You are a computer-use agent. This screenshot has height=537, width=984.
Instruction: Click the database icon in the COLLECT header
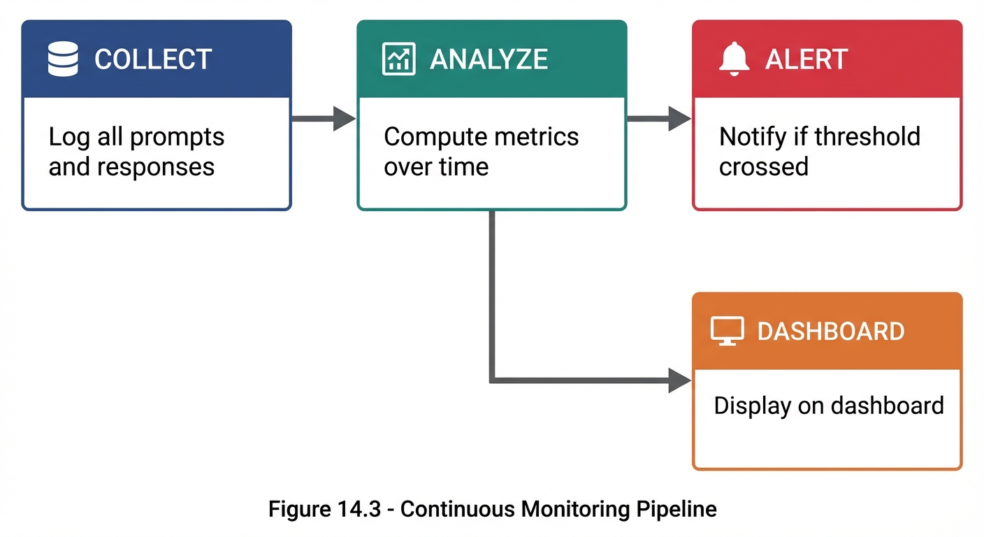tap(63, 59)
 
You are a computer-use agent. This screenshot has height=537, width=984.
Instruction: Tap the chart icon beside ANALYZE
tap(399, 59)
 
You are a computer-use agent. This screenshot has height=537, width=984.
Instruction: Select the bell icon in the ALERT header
tap(734, 58)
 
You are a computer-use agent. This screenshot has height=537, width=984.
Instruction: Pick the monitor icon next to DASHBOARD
tap(727, 331)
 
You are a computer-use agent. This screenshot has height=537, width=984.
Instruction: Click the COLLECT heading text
tap(153, 59)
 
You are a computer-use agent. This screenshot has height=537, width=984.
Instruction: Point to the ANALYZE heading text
tap(489, 59)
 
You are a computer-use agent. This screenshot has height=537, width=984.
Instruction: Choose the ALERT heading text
tap(806, 59)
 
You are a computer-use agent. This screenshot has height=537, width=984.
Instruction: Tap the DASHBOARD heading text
tap(830, 331)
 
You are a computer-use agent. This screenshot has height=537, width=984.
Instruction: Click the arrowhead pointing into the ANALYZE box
tap(344, 119)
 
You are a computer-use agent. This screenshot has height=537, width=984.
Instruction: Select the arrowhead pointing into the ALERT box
tap(679, 119)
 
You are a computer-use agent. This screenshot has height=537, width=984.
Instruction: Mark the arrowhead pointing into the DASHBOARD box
tap(679, 380)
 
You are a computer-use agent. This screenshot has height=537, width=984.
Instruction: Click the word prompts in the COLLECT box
tap(178, 138)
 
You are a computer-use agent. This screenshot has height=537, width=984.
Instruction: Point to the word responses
tap(156, 167)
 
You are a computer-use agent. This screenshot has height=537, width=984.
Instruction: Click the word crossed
tap(763, 167)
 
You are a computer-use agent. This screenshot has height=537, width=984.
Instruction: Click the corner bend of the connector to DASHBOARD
tap(493, 380)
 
